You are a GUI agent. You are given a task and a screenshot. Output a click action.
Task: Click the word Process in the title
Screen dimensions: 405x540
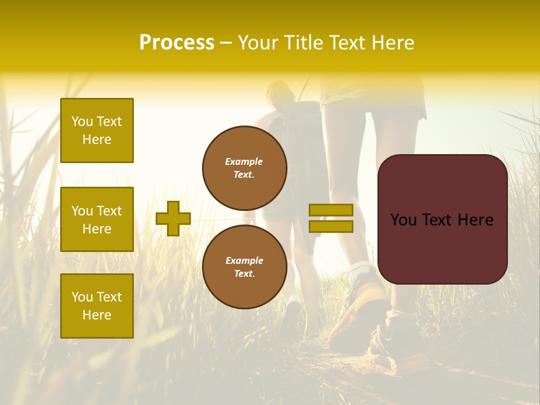[x=177, y=43]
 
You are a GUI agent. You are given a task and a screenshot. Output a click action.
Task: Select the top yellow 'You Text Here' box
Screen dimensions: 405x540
[x=97, y=130]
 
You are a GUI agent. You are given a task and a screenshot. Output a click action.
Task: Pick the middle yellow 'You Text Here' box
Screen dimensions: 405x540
[x=97, y=219]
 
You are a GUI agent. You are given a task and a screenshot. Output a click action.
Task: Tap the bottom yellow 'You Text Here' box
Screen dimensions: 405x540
[x=97, y=306]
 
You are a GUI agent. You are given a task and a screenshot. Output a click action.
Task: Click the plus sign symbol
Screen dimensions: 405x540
[x=173, y=218]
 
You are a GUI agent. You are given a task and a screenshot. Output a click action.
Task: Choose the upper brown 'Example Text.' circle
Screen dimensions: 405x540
[x=244, y=168]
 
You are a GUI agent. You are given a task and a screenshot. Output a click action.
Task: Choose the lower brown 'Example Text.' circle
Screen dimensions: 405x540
[x=244, y=267]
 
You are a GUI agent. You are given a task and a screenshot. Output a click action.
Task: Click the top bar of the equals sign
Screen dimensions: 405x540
[x=331, y=210]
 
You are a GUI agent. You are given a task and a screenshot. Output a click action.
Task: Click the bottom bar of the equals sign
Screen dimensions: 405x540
[x=331, y=227]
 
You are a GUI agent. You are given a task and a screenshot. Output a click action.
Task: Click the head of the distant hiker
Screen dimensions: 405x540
[x=280, y=93]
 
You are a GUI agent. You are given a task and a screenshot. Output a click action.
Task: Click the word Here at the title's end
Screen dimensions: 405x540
[x=391, y=43]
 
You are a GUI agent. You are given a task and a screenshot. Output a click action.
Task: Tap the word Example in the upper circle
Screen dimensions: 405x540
[x=244, y=161]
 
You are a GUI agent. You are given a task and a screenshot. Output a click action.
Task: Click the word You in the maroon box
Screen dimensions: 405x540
[x=403, y=220]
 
